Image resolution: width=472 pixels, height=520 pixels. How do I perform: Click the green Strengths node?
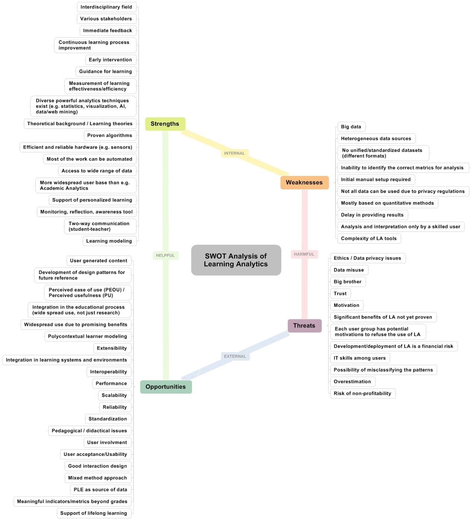click(x=165, y=124)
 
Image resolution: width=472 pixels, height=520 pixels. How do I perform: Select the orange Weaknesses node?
click(x=304, y=183)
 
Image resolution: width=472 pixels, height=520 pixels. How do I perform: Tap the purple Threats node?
click(x=304, y=326)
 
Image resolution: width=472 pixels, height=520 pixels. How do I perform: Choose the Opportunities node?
click(x=166, y=387)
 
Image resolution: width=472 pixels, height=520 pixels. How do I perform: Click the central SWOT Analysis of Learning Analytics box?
click(x=236, y=260)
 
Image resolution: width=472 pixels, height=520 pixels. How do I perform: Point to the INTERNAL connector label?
click(x=235, y=153)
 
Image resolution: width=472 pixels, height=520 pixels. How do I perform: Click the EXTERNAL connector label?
click(x=235, y=356)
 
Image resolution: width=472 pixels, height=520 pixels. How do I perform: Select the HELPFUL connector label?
click(x=165, y=255)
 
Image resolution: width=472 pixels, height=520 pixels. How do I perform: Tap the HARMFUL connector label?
click(x=304, y=254)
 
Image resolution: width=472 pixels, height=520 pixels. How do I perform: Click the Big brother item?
click(x=347, y=282)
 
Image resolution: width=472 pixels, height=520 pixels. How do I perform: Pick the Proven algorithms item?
click(x=110, y=135)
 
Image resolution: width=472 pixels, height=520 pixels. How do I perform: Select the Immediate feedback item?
click(x=107, y=31)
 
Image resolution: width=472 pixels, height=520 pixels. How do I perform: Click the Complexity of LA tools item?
click(x=369, y=239)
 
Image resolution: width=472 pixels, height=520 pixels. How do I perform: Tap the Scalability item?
click(x=114, y=395)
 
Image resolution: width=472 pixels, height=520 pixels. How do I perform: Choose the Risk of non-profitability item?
click(x=362, y=393)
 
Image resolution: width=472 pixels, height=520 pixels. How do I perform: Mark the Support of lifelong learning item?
click(x=94, y=513)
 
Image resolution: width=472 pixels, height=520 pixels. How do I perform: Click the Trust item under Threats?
click(x=340, y=293)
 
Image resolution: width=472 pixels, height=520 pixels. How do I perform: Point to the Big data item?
click(x=351, y=127)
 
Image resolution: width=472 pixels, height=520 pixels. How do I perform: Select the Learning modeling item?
click(x=109, y=241)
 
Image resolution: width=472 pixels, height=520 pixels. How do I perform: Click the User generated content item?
click(x=98, y=261)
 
